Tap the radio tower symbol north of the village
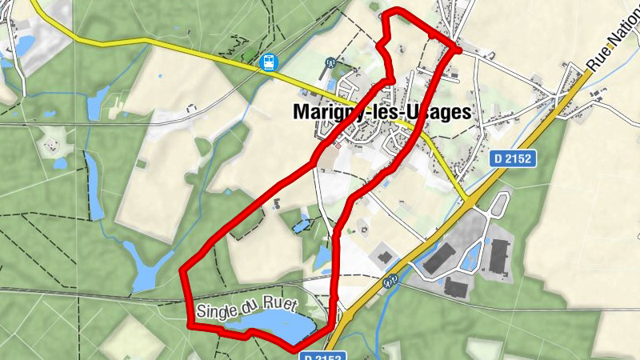[x=330, y=62]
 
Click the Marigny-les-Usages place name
[x=382, y=113]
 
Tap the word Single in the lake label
[x=217, y=309]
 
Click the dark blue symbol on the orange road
[x=390, y=281]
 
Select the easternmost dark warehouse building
[x=499, y=257]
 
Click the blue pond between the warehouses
[x=470, y=255]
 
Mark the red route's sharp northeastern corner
[x=458, y=50]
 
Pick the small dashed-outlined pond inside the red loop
[x=302, y=225]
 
